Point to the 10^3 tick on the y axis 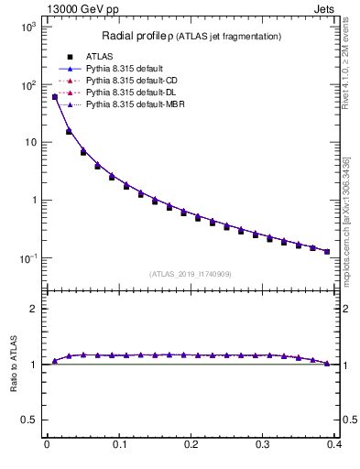tap(27, 27)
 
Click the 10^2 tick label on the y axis tap(27, 85)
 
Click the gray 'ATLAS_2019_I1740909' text tap(191, 274)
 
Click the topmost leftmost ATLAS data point tap(55, 96)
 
